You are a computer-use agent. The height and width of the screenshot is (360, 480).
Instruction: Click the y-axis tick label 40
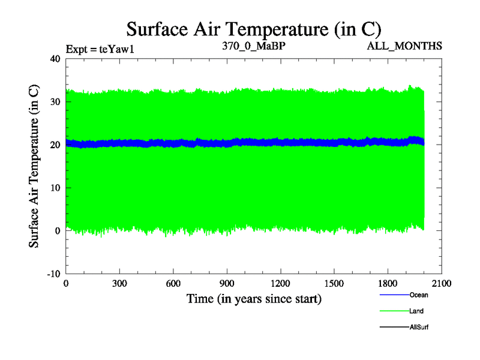point(55,59)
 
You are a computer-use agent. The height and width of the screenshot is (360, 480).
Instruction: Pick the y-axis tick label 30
point(55,102)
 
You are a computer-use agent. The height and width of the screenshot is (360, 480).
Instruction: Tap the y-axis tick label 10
point(55,188)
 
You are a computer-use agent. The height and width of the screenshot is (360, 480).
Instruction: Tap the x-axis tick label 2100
point(442,284)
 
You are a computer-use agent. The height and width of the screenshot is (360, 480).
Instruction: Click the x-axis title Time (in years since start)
point(254,298)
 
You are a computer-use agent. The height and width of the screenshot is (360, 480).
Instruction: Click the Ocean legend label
point(419,295)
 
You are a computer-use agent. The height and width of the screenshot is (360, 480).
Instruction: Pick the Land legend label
point(417,311)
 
